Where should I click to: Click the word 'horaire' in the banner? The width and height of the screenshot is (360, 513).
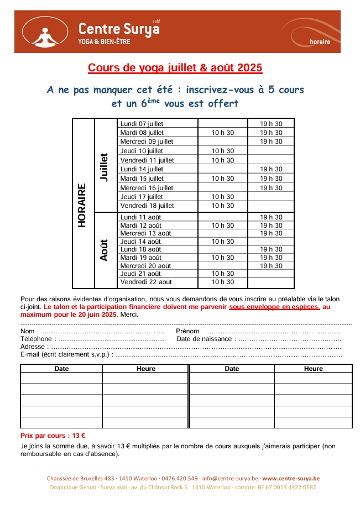point(320,41)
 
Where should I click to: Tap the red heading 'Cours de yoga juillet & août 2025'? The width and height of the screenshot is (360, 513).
point(175,68)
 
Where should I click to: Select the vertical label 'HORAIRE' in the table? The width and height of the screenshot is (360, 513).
point(82,205)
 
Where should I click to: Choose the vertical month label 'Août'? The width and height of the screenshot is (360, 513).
point(105,250)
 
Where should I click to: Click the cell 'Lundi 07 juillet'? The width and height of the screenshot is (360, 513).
point(142,124)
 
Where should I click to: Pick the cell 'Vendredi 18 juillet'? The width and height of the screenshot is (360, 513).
point(147,206)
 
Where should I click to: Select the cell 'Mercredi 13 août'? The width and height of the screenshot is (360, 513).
point(145,233)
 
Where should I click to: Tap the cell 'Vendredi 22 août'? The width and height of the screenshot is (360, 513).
point(146,282)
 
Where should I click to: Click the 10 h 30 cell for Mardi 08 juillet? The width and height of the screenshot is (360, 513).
point(223,133)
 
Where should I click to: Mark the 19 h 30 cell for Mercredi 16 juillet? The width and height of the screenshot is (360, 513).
point(271,188)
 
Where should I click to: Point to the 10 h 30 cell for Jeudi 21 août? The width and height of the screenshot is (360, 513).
point(223,274)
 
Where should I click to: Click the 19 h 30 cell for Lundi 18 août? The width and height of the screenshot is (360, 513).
point(271,249)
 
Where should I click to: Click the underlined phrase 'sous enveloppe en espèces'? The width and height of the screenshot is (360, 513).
point(274,307)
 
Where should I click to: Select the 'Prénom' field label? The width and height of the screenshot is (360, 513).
point(187,331)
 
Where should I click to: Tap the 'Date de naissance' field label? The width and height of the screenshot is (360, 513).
point(205,339)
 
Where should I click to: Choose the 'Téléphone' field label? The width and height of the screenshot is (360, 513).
point(36,339)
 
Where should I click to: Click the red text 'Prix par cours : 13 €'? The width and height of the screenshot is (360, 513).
point(53,436)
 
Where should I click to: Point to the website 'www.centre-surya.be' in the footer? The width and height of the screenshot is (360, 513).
point(291,478)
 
